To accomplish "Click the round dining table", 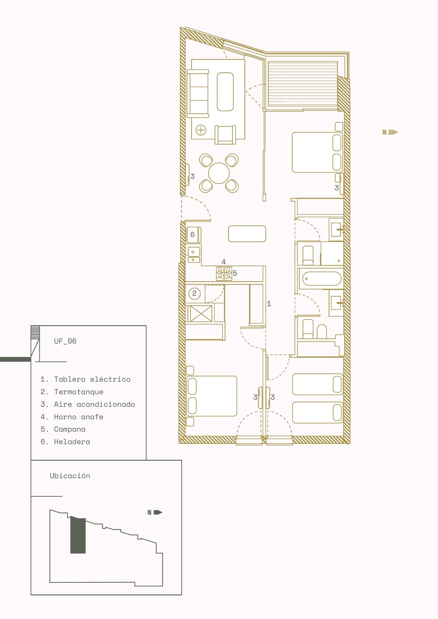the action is pos(219,173).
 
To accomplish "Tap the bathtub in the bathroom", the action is pos(321,279).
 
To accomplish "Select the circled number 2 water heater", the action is pos(194,293).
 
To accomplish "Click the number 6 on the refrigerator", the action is pos(193,235).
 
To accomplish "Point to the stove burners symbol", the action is pos(224,273).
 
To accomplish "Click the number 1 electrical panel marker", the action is pos(269,304).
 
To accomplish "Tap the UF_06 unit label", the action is pos(65,341).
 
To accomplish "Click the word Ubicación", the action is pos(70,476).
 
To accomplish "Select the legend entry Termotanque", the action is pos(79,392).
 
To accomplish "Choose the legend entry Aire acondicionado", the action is pos(95,404).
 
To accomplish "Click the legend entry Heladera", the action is pos(72,442).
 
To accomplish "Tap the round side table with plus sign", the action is pos(201,130).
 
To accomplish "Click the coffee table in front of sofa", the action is pos(225,92).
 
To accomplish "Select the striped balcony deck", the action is pos(303,84).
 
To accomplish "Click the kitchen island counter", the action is pos(247,234).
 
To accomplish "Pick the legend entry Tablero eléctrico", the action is pos(92,379).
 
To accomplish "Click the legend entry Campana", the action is pos(70,429).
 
